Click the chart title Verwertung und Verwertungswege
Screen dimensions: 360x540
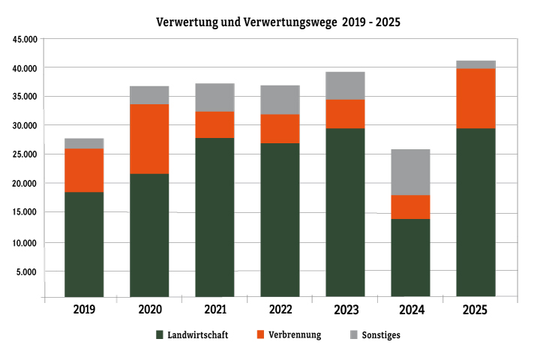coord(277,22)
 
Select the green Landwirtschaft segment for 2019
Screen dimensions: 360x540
coord(84,244)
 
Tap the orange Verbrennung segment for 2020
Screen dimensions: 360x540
coord(149,139)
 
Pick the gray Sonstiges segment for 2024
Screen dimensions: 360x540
coord(410,172)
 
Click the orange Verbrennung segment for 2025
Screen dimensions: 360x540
coord(475,98)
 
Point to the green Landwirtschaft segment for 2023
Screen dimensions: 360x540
coord(345,212)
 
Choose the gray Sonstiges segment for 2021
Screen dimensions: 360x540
coord(214,97)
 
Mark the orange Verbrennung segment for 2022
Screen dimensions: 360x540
coord(280,128)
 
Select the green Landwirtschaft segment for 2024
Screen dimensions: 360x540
coord(410,257)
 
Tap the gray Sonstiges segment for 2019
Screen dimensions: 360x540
coord(84,143)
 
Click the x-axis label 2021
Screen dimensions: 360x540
coord(214,310)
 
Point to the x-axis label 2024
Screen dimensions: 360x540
coord(410,310)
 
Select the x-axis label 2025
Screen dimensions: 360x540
coord(475,310)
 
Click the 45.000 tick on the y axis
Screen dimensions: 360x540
coord(25,40)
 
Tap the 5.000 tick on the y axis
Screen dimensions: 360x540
coord(27,271)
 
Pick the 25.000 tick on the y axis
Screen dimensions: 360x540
coord(25,154)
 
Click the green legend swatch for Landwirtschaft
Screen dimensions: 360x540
coord(160,334)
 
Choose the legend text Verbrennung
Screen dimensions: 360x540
coord(295,334)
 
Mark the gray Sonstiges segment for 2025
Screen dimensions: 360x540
coord(475,64)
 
